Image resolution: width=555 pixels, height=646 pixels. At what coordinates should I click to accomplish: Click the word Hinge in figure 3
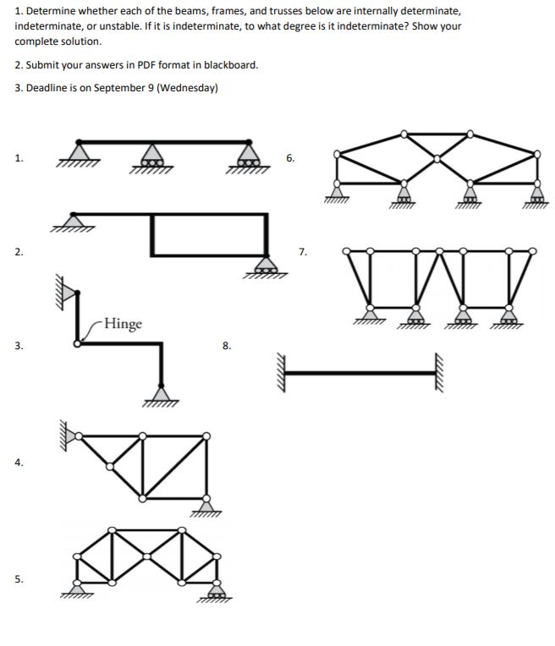(124, 325)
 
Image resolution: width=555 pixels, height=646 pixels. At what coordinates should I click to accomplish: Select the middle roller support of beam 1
(152, 156)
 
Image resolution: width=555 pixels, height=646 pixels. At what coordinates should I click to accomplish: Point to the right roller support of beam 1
(248, 156)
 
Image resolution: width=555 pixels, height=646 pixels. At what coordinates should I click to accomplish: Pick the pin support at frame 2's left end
(75, 222)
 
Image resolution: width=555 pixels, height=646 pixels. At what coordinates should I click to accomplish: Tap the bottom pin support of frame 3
(162, 392)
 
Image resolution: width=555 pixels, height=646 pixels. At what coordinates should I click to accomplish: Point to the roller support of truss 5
(219, 591)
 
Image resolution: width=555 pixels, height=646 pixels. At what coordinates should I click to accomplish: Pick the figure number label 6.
(290, 158)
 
